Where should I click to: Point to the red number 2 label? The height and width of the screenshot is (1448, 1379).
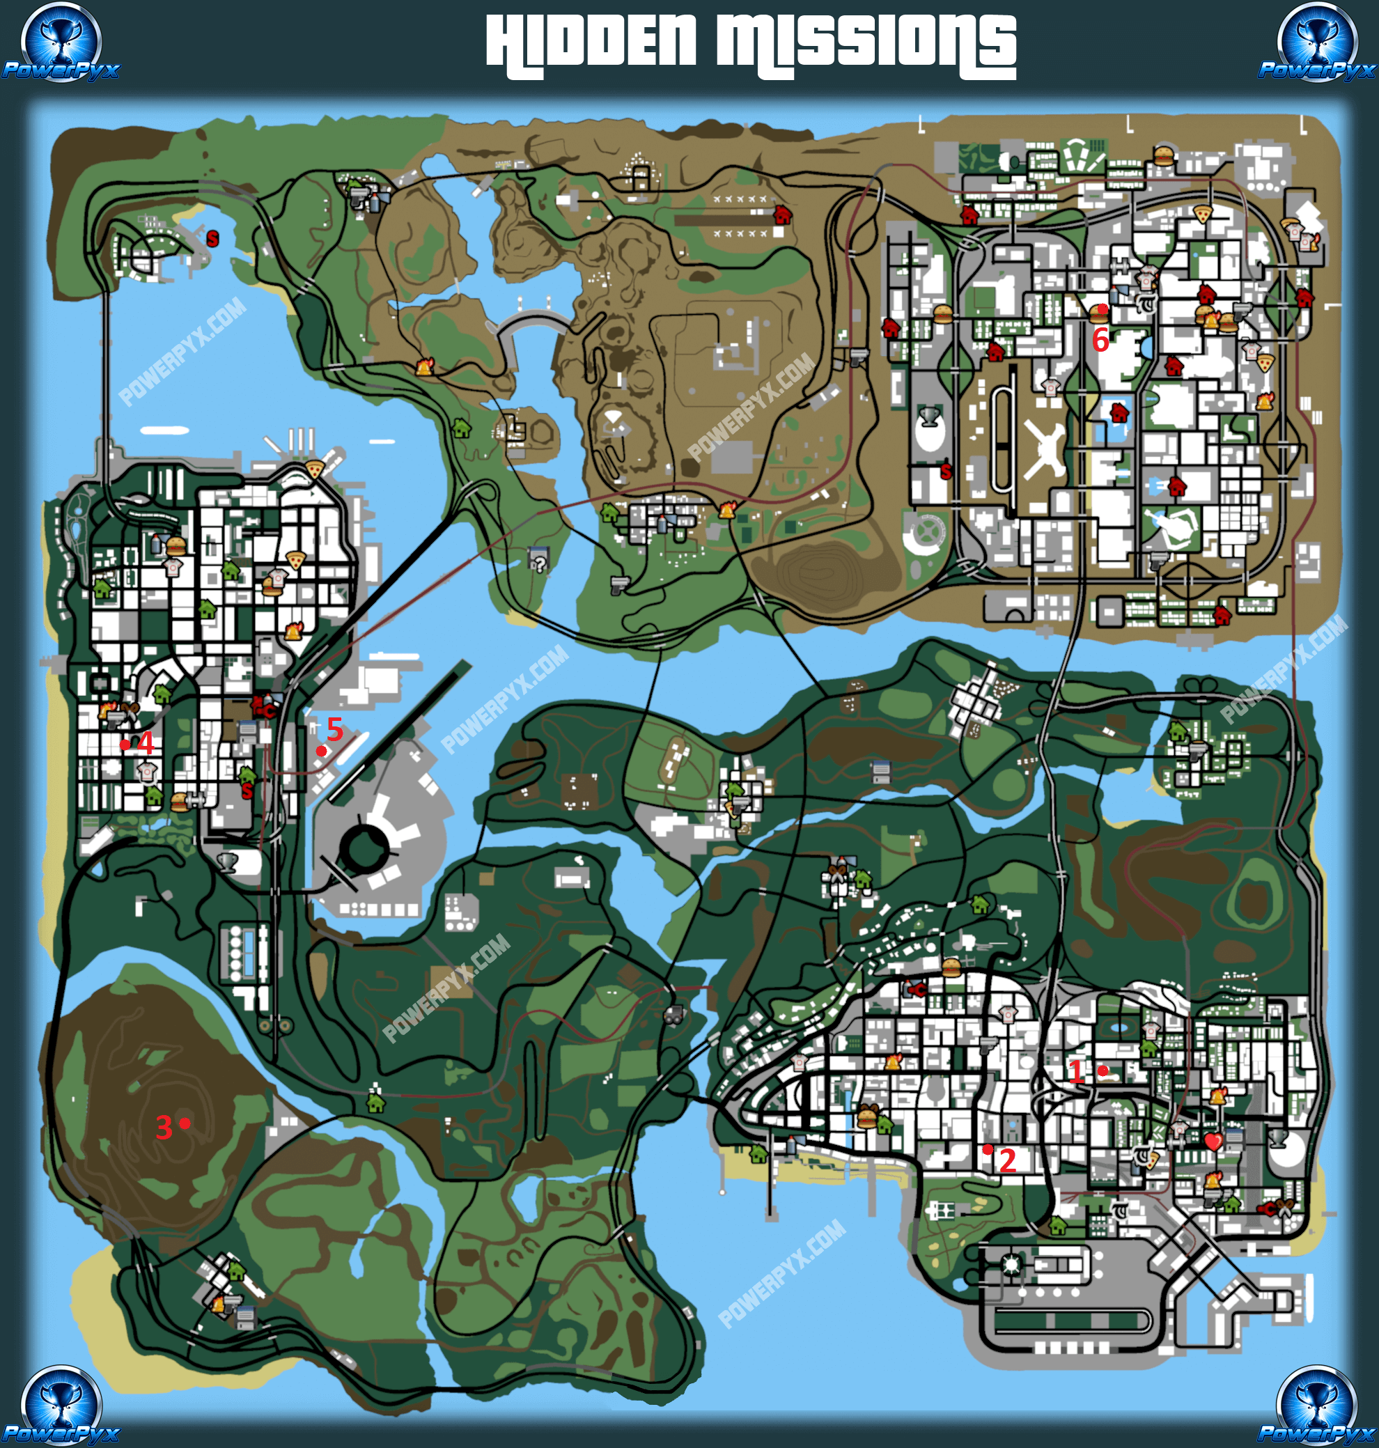pos(1007,1160)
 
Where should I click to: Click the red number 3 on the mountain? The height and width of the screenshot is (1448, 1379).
pos(164,1127)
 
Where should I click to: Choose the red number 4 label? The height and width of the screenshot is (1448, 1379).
pos(146,743)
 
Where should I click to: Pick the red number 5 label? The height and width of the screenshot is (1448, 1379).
pos(334,729)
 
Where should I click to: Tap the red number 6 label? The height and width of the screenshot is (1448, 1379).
pos(1100,340)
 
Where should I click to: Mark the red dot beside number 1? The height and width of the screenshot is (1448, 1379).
pos(1103,1071)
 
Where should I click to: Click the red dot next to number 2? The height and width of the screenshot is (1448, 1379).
pos(988,1149)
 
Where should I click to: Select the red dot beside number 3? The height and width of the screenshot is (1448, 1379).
pos(185,1122)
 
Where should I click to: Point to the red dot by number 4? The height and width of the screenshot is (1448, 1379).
pos(125,744)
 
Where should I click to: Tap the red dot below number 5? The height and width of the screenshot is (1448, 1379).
pos(321,750)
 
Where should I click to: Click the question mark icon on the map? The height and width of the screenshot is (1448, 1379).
pos(539,563)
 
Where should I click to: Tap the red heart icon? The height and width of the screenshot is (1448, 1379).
pos(1213,1142)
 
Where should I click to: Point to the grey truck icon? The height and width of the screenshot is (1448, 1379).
pos(673,1015)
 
